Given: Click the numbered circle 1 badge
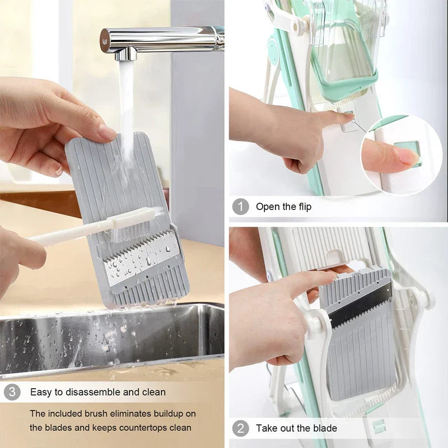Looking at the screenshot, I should (240, 207).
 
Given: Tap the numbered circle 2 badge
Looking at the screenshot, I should (240, 429).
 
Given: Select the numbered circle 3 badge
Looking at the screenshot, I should (12, 392).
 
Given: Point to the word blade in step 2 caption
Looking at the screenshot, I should (325, 429).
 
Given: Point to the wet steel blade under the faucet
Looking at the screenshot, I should (143, 255).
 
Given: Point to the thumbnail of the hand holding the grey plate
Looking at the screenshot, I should (107, 132).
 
